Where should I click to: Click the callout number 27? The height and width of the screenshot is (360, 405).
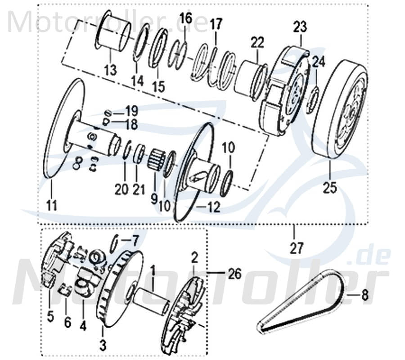click(x=297, y=247)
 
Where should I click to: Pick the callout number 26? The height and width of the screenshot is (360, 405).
click(x=234, y=273)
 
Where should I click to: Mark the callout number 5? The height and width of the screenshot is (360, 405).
click(x=50, y=317)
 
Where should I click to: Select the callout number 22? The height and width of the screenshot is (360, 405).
click(x=257, y=44)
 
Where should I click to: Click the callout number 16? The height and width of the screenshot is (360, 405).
click(x=186, y=19)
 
